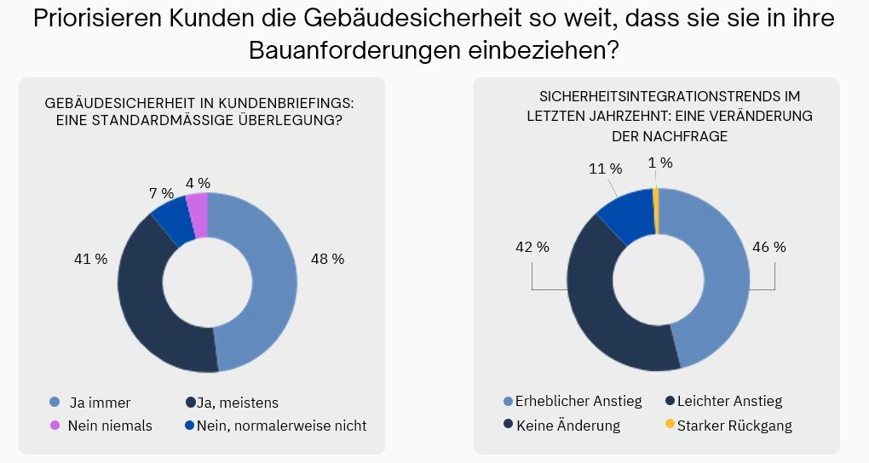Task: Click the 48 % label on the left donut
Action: click(x=327, y=259)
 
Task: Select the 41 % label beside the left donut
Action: click(x=90, y=259)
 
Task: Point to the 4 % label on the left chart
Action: click(x=198, y=183)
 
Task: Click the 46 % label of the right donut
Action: click(x=768, y=247)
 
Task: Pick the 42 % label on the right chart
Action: click(x=532, y=247)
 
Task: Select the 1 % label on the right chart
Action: click(x=660, y=163)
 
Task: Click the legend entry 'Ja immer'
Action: click(x=100, y=403)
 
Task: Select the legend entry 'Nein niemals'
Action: click(x=109, y=426)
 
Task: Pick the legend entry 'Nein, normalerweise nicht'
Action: click(x=281, y=426)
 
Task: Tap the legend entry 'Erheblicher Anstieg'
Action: click(x=578, y=401)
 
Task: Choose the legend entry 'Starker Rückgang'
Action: click(x=734, y=426)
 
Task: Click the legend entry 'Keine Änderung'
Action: click(x=567, y=426)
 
